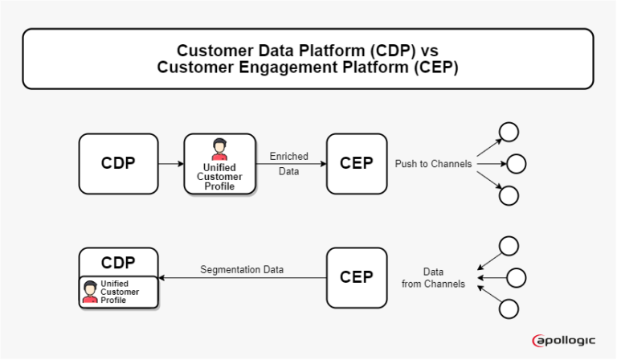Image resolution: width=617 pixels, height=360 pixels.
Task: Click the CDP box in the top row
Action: (118, 163)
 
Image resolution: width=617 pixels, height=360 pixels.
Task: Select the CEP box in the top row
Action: (356, 163)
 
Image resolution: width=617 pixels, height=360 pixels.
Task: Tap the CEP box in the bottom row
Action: (356, 277)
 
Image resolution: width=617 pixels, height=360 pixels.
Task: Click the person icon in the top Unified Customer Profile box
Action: (219, 149)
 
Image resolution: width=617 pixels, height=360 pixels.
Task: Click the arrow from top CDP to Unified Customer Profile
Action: (170, 164)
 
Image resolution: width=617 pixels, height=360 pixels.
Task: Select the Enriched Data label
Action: (288, 164)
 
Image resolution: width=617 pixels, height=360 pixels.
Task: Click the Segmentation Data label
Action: (242, 270)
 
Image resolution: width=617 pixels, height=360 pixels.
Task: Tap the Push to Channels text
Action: (433, 164)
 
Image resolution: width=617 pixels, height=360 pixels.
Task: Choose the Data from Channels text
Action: (433, 278)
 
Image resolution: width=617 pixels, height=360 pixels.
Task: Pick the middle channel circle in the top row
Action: (516, 164)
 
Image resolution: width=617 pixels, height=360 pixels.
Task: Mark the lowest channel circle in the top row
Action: (508, 195)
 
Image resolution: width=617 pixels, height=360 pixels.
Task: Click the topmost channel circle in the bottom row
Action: (508, 246)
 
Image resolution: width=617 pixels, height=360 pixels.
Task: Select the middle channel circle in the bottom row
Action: (516, 278)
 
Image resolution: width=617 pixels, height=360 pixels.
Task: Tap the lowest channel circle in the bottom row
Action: (508, 309)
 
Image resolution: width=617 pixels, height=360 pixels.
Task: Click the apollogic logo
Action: (564, 341)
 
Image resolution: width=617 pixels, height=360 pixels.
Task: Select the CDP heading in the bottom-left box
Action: (118, 262)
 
